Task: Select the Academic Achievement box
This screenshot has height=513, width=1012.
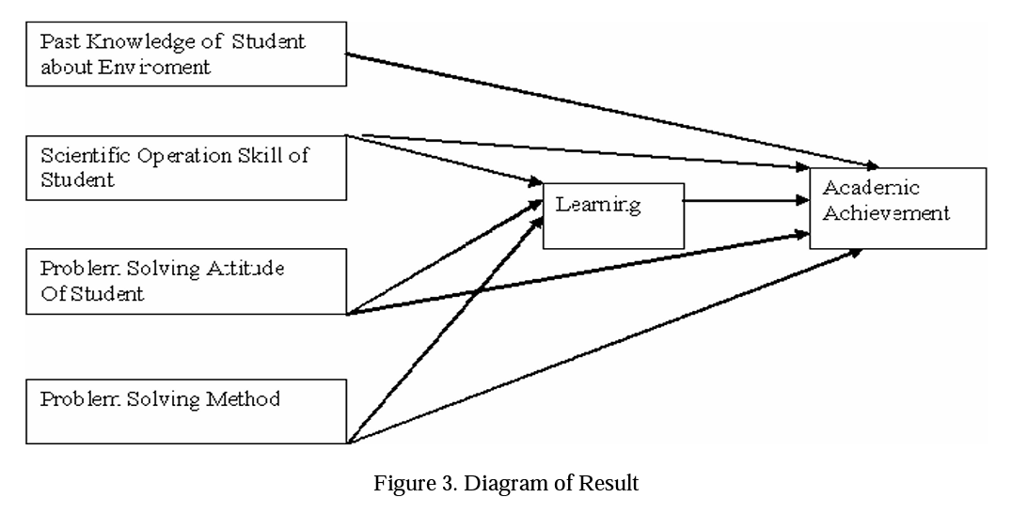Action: (897, 208)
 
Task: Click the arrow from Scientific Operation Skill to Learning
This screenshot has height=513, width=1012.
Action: (451, 158)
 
